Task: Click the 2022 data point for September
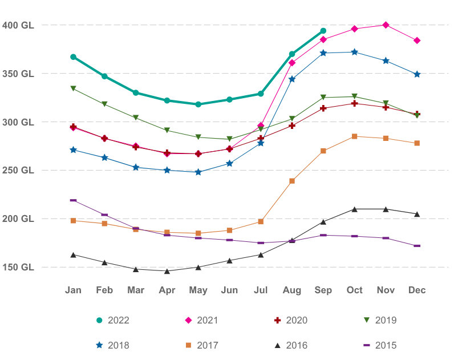tap(323, 31)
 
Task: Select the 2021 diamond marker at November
tap(386, 25)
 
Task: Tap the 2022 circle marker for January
tap(74, 57)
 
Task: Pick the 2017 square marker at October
tap(355, 136)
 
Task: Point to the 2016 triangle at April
tap(167, 271)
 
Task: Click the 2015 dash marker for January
tap(74, 200)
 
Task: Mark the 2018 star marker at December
tap(417, 75)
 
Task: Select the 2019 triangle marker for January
tap(74, 88)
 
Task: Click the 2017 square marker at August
tap(292, 181)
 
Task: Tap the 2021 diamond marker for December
tap(417, 41)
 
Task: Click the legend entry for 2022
tap(113, 321)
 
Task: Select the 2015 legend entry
tap(380, 345)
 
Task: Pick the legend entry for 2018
tap(113, 345)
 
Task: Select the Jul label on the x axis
tap(261, 290)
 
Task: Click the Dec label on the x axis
tap(417, 290)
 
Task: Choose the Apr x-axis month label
tap(167, 290)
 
